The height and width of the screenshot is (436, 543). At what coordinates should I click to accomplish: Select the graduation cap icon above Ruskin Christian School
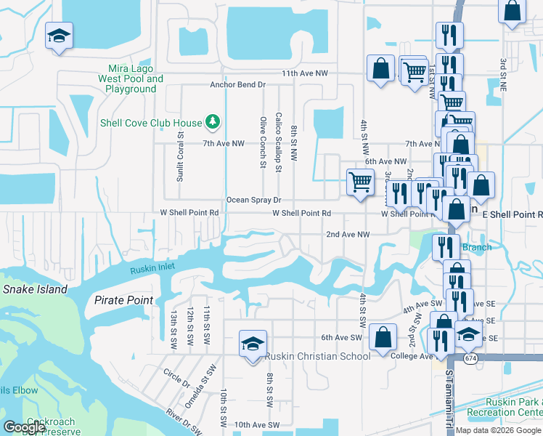coord(253,343)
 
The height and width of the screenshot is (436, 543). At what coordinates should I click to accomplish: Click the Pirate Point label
coord(123,300)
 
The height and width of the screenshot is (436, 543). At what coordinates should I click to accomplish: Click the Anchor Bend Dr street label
coord(237,85)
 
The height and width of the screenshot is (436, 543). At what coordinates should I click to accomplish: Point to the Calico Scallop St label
coord(278,142)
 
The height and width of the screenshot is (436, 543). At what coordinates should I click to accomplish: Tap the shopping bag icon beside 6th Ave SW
coord(383,337)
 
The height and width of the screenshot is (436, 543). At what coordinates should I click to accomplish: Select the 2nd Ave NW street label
coord(348,235)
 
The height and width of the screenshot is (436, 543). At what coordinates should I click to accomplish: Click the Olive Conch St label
coord(263,142)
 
